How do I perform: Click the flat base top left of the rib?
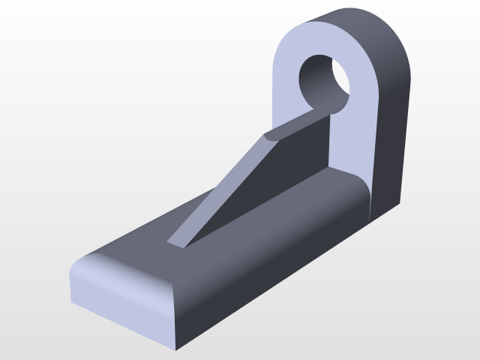tap(150, 232)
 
